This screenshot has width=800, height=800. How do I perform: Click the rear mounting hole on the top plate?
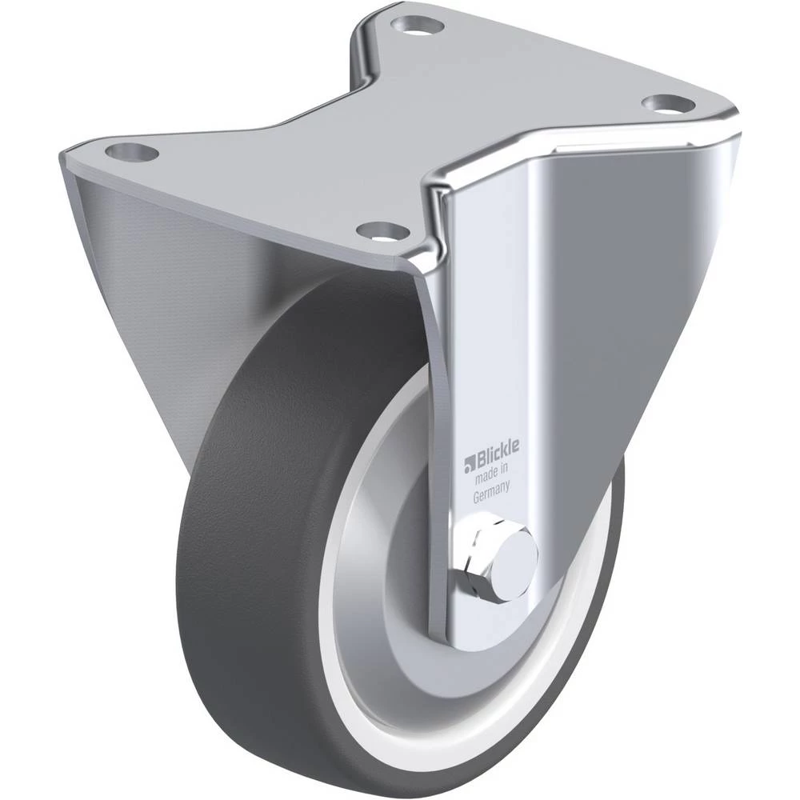tap(418, 26)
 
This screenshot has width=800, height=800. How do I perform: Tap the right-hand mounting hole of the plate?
tap(668, 103)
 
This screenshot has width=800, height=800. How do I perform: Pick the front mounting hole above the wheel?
tap(383, 232)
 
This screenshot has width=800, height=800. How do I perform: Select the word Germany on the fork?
tap(491, 492)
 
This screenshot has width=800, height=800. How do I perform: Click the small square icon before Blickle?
tap(469, 462)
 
